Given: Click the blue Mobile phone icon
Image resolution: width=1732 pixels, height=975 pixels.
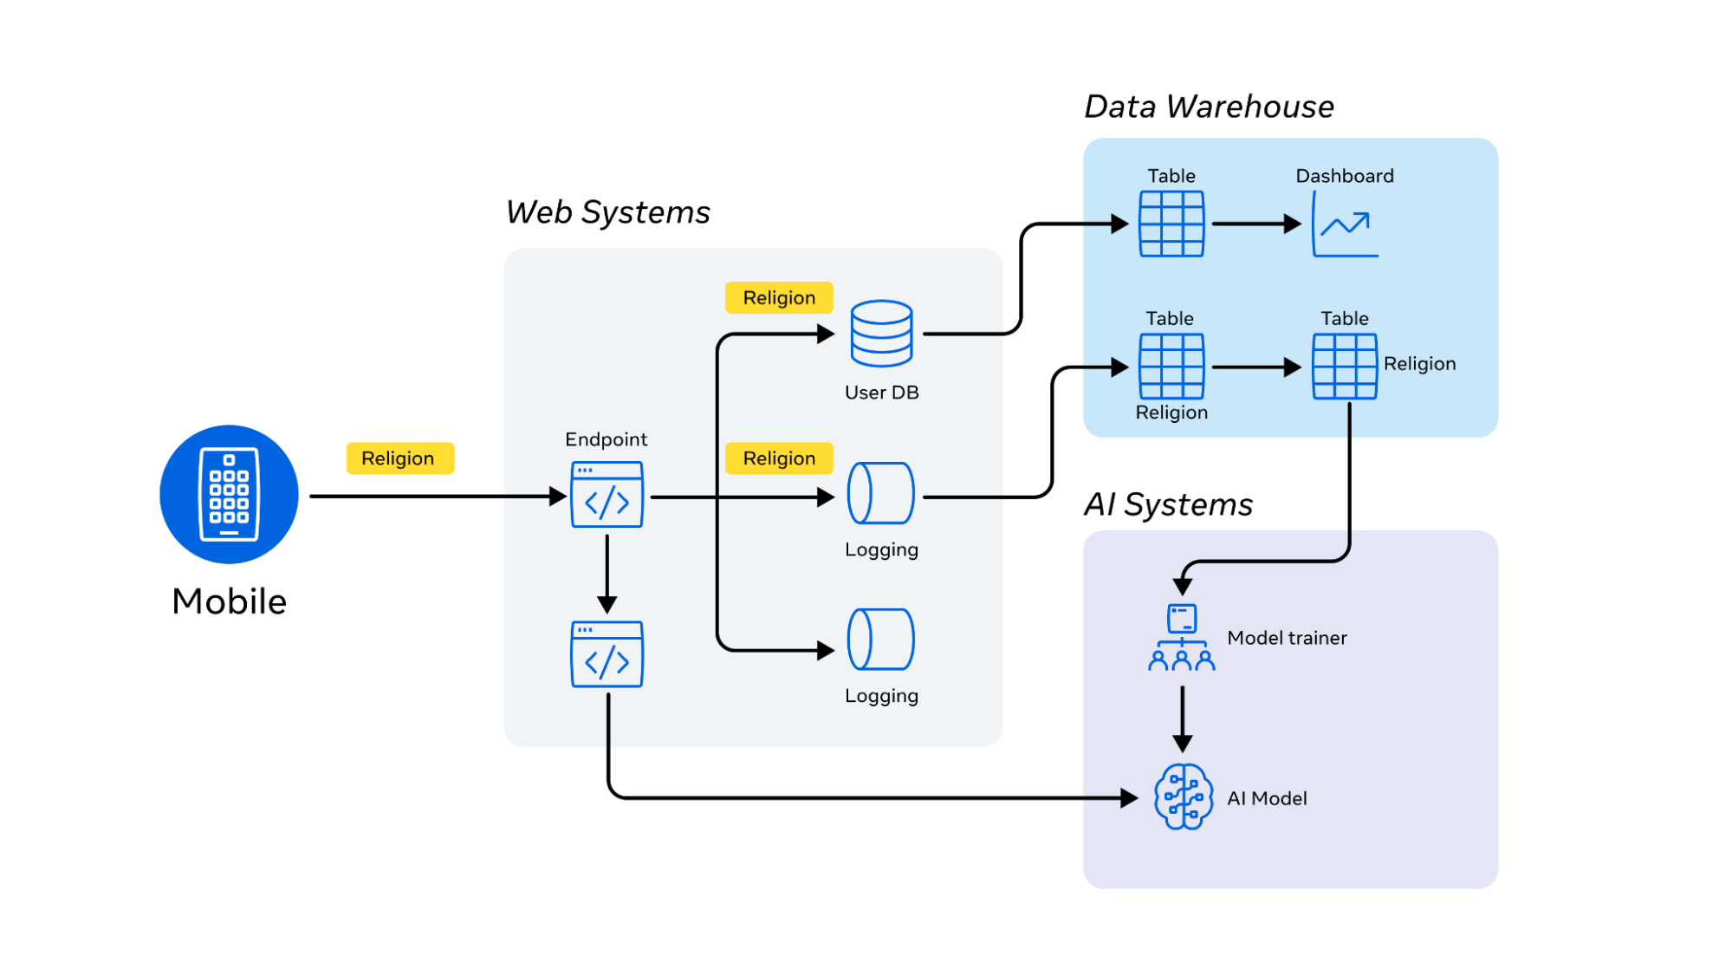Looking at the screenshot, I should point(229,494).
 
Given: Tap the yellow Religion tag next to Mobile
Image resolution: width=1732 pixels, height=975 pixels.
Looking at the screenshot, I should point(399,458).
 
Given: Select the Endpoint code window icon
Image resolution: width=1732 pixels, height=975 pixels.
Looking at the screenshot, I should point(607,495).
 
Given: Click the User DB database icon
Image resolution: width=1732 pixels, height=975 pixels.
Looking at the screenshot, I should point(881,334).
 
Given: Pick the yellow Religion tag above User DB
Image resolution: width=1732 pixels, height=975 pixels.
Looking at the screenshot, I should point(779,298).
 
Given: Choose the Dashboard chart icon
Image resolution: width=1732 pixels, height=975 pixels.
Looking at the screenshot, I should point(1345,224).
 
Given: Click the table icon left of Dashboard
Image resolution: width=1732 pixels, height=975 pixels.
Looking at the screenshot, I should point(1171,224).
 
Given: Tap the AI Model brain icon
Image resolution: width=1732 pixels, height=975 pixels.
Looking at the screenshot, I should point(1183,797).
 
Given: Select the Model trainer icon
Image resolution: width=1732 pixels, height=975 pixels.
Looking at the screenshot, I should point(1182,638).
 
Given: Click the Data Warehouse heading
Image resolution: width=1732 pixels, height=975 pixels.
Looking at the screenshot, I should point(1209,107).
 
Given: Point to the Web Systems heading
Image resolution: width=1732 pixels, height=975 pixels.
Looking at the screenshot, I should point(607,212).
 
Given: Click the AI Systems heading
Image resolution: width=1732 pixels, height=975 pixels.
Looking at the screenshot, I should point(1168,504).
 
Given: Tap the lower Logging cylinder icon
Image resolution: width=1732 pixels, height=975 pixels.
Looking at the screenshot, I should point(881,640).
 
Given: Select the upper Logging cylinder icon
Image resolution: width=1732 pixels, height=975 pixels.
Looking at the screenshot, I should point(881,493).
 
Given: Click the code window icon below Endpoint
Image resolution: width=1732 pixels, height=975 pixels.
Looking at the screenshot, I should point(607,654).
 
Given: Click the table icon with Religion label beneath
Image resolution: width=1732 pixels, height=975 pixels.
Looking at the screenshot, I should point(1171,367).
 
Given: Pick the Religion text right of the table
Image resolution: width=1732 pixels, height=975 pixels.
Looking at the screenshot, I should point(1419,364).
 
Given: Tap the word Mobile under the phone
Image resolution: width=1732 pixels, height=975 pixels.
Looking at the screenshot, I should point(229,601).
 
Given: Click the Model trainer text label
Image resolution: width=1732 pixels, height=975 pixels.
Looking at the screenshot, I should point(1287,638).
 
